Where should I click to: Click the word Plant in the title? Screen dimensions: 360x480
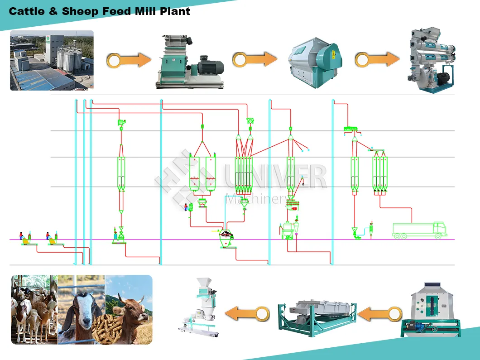pos(175,11)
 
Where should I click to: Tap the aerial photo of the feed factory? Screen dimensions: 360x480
pos(52,60)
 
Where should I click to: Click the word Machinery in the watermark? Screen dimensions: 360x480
pos(255,199)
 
